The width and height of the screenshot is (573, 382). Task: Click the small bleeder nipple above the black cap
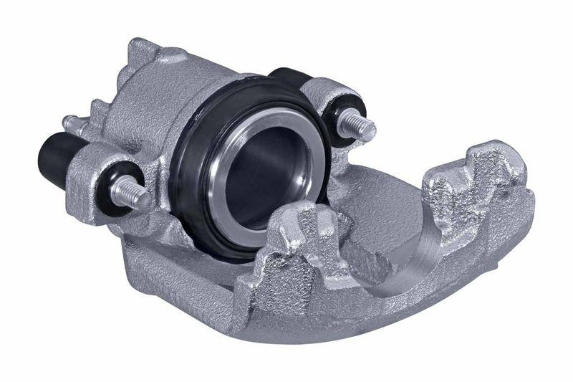[69, 123]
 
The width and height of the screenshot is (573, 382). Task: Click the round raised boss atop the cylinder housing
[172, 55]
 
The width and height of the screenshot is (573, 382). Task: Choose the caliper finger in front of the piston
[301, 237]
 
